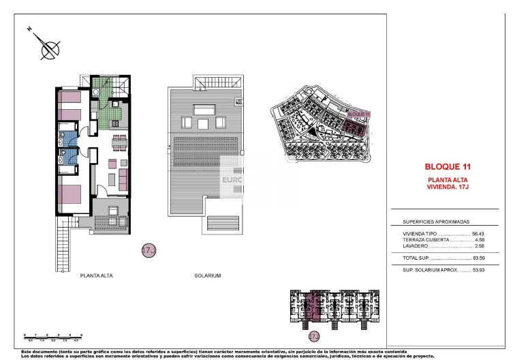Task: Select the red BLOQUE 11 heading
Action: coord(448,166)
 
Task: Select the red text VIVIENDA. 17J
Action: coord(448,185)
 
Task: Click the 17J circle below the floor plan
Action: coord(149,250)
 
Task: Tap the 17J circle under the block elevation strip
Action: coord(314,336)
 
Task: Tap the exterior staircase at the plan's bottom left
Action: coord(63,248)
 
